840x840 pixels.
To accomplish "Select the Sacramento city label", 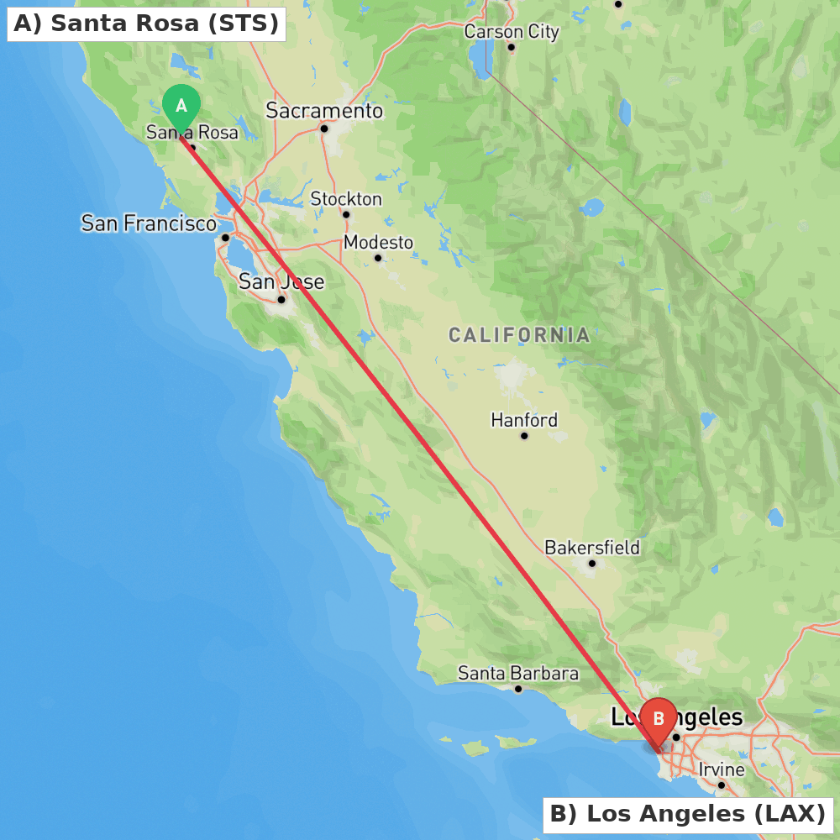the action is click(324, 111).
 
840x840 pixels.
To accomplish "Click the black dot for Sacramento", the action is click(323, 129).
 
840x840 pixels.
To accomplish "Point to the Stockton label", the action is click(346, 199).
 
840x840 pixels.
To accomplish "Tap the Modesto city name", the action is click(379, 243).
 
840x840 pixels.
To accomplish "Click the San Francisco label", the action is click(149, 223).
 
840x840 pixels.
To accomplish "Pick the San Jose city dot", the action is click(281, 299).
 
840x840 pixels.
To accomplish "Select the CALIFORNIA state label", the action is click(519, 336).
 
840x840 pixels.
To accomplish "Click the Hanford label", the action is click(524, 420).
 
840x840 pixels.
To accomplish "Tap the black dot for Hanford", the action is click(524, 436).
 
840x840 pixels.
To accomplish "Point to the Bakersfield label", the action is click(592, 548).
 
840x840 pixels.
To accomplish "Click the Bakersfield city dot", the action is click(592, 564).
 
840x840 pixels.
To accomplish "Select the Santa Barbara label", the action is click(518, 674).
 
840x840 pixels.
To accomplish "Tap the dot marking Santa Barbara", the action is click(518, 689).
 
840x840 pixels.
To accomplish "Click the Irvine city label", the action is click(722, 769).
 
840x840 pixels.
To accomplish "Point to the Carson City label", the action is click(512, 32).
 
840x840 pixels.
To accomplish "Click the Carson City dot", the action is click(511, 47).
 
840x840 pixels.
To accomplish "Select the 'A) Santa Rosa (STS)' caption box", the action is click(146, 24).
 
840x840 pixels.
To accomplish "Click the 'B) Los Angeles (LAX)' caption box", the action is click(688, 814).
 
